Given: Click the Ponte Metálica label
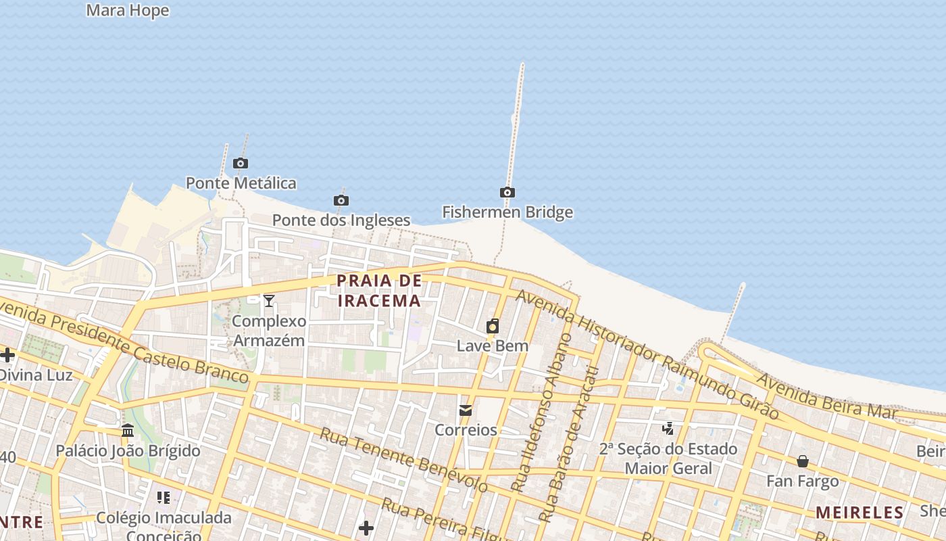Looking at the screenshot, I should click(241, 183).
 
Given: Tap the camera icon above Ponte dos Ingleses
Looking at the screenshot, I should click(341, 200).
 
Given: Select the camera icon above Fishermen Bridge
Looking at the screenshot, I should click(507, 193).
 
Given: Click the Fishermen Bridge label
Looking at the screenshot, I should click(507, 212).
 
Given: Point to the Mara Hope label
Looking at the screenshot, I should click(128, 11).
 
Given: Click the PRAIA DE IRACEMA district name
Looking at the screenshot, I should click(379, 290).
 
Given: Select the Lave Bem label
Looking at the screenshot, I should click(493, 346).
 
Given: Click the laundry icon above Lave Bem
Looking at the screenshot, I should click(493, 327).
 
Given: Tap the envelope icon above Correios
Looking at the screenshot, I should click(466, 410).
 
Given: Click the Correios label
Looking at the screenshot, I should click(466, 430).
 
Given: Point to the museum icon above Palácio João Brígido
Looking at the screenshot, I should click(128, 431).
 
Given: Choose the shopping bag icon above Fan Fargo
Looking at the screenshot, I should click(803, 462).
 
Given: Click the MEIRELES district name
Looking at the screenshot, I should click(860, 513).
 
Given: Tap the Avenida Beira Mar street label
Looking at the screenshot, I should click(826, 396).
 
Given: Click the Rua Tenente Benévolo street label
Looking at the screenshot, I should click(403, 460).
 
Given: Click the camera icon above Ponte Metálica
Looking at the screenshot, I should click(240, 163).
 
